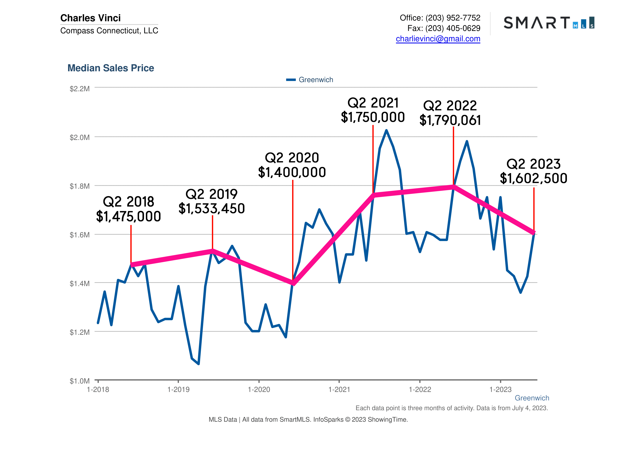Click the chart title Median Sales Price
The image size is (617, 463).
click(111, 68)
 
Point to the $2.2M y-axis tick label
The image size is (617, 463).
click(80, 89)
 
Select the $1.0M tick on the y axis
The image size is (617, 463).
click(80, 381)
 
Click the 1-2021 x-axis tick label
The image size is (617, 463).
click(339, 390)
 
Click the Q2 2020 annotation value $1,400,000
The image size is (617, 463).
click(292, 172)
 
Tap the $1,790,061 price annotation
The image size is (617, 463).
click(450, 120)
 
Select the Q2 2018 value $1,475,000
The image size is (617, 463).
click(129, 217)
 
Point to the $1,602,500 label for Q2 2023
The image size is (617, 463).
click(534, 178)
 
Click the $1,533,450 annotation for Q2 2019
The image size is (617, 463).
click(212, 209)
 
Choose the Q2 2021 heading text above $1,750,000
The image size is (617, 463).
click(373, 103)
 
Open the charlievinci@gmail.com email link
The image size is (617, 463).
click(438, 39)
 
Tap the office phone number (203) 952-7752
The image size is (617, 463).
click(453, 18)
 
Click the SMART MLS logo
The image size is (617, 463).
click(549, 23)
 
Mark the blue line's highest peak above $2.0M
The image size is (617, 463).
click(386, 130)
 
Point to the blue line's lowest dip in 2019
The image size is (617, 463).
click(198, 364)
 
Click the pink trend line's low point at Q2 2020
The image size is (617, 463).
click(293, 284)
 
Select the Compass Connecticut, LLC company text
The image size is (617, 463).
click(109, 31)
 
